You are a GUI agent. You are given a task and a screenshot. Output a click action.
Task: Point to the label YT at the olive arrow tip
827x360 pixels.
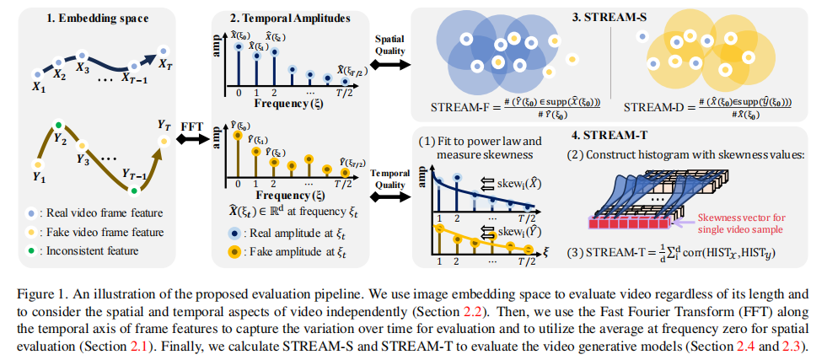[164, 124]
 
